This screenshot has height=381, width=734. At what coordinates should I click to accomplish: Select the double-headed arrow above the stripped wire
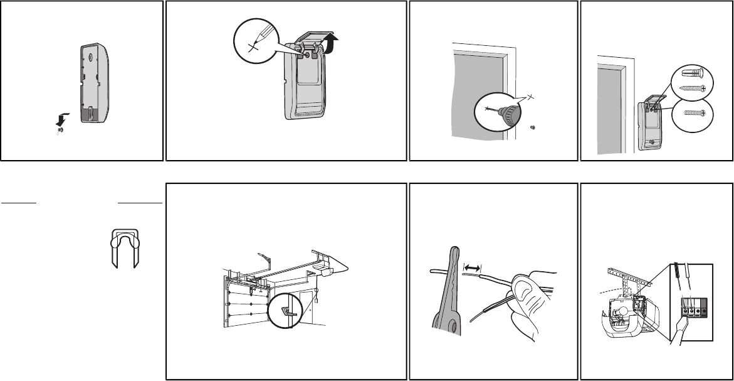(473, 267)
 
